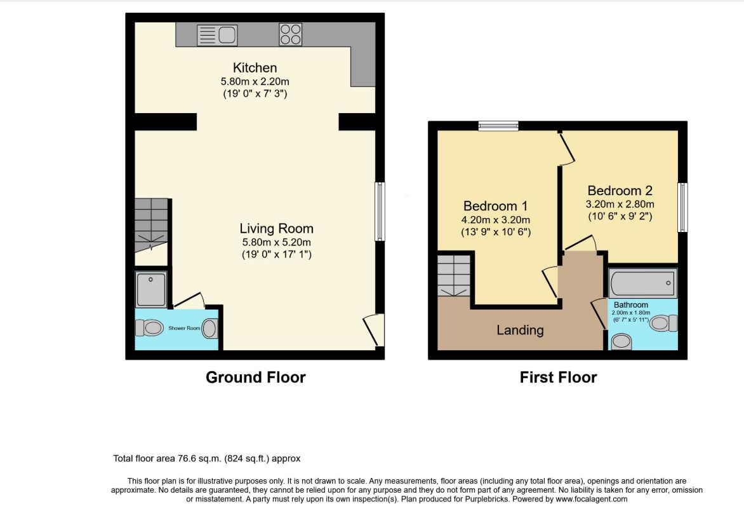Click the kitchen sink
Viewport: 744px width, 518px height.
[217, 35]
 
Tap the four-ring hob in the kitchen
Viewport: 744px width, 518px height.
[290, 34]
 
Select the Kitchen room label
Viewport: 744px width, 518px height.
[255, 67]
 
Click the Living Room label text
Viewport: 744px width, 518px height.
[276, 229]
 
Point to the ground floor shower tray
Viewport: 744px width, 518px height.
[151, 289]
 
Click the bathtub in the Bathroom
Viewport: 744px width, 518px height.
[643, 283]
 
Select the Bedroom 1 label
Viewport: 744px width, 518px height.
[495, 206]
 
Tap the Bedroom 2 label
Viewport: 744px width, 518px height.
[620, 191]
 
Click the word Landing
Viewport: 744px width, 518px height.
[520, 330]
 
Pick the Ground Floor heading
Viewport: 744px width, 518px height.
[256, 378]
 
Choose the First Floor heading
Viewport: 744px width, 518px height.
[558, 378]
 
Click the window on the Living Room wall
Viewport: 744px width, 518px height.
[380, 212]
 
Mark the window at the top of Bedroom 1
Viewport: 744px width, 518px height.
[498, 126]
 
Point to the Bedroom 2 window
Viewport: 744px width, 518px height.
[682, 207]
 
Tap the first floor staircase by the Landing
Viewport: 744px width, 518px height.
[454, 276]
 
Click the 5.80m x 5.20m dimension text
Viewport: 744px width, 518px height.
[276, 242]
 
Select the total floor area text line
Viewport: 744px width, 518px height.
[206, 459]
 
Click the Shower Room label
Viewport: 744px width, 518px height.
[184, 328]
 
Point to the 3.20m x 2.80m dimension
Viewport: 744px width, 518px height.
[620, 205]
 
